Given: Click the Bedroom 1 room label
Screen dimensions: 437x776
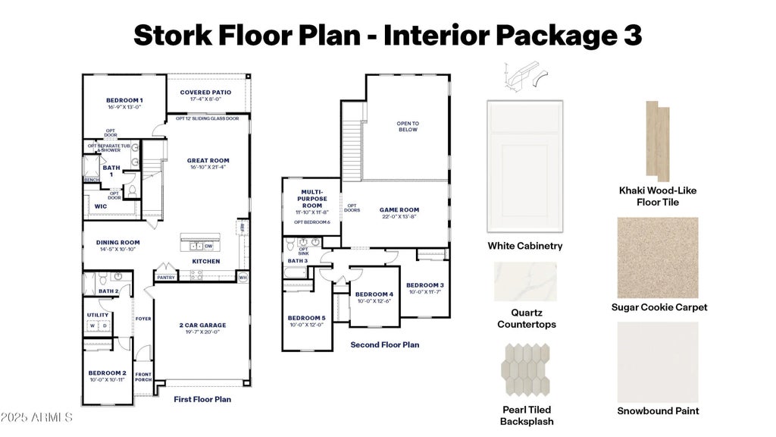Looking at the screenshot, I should pyautogui.click(x=124, y=101).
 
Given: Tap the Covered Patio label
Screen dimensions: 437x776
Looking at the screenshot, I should pyautogui.click(x=205, y=93).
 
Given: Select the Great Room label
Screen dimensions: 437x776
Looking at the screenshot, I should pyautogui.click(x=208, y=161).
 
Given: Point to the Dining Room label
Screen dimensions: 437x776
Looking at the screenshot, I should pyautogui.click(x=117, y=243).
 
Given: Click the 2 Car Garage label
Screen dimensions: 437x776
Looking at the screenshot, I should pyautogui.click(x=203, y=325).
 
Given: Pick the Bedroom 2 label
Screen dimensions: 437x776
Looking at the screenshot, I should pyautogui.click(x=107, y=373).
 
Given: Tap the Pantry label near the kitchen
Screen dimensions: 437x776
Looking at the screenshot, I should pyautogui.click(x=166, y=278).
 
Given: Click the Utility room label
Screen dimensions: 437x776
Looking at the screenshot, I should pyautogui.click(x=98, y=314).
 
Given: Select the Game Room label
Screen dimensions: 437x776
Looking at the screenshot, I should pyautogui.click(x=399, y=210).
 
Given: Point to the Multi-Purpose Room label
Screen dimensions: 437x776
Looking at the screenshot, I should pyautogui.click(x=311, y=200).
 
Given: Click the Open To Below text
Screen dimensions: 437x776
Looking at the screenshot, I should pyautogui.click(x=408, y=126).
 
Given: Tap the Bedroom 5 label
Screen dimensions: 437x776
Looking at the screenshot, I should pyautogui.click(x=307, y=318).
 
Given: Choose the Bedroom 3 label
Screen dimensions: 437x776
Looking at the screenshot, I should pyautogui.click(x=424, y=285).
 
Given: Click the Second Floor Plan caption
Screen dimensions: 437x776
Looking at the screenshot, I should pyautogui.click(x=384, y=344).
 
